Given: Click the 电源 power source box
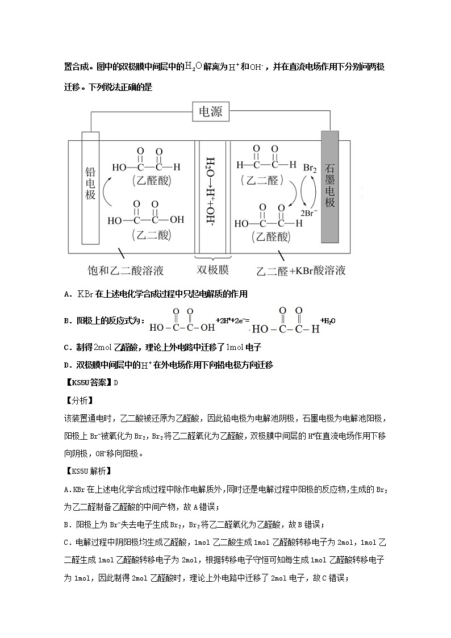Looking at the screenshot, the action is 211,112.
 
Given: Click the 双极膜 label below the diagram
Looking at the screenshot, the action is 212,269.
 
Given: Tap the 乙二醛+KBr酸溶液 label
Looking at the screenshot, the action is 301,270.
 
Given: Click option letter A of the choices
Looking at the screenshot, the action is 66,294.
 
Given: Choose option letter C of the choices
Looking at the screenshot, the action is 66,347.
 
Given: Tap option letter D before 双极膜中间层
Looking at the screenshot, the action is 66,365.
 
